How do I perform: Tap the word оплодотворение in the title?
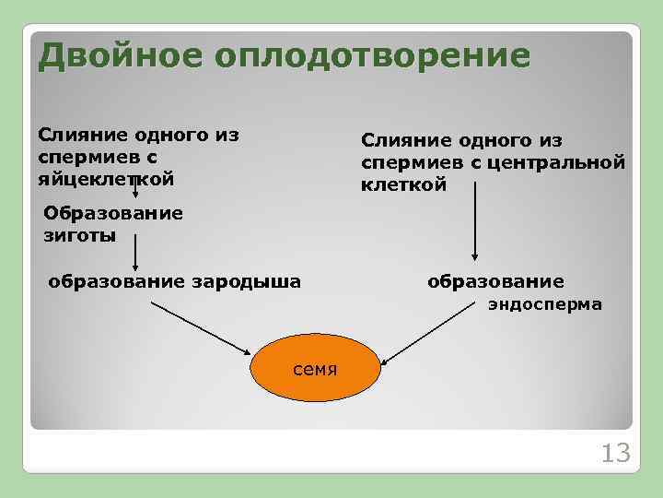click(x=372, y=56)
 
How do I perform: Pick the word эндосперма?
click(x=545, y=303)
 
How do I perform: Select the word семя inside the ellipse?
click(x=315, y=370)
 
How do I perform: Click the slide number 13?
click(x=614, y=453)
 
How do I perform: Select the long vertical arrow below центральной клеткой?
click(x=475, y=221)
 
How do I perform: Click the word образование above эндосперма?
click(x=495, y=280)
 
